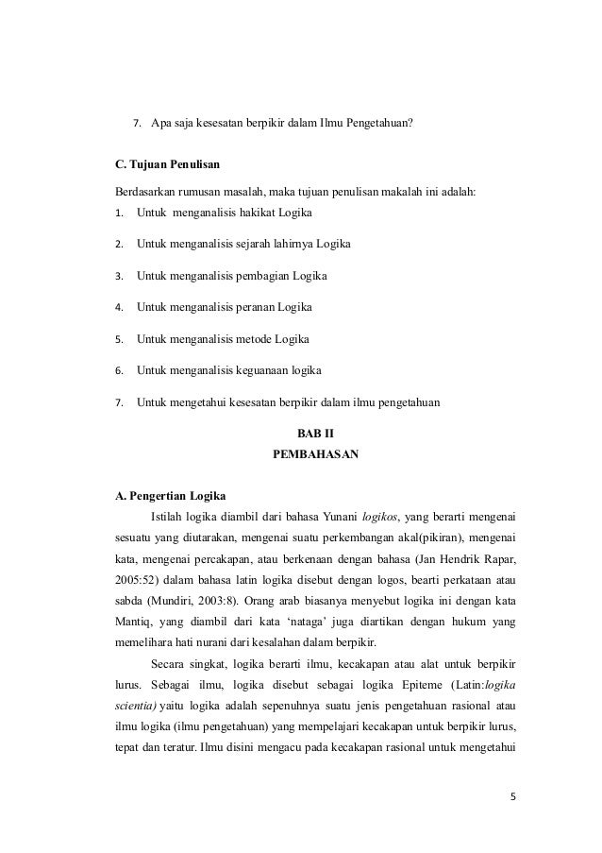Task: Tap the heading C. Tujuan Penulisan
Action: [x=166, y=167]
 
